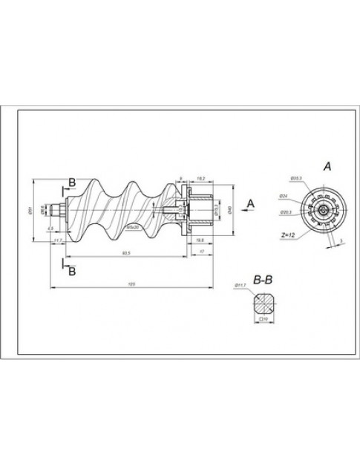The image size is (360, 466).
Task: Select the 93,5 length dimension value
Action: (126, 255)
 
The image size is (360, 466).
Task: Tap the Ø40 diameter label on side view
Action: (232, 210)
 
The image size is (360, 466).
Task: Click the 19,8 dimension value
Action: (200, 240)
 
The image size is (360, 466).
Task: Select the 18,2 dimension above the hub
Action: (201, 179)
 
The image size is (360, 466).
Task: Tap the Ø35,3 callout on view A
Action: (295, 178)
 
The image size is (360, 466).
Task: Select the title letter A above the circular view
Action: (327, 168)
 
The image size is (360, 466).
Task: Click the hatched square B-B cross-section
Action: (262, 303)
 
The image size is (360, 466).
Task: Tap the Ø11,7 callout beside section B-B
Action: (240, 285)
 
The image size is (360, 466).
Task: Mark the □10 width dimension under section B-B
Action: (262, 321)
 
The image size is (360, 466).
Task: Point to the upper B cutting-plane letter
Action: (71, 181)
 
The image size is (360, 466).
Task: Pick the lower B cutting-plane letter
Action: (71, 272)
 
